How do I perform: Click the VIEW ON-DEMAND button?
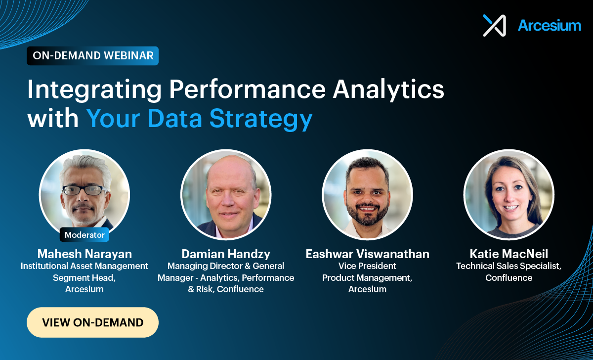click(93, 322)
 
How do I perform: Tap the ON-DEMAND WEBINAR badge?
click(93, 55)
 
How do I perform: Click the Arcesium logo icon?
click(495, 25)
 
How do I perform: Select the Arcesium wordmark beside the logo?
click(550, 25)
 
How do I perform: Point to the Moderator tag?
click(85, 235)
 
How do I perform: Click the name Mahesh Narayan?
click(85, 254)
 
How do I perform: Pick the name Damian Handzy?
click(226, 254)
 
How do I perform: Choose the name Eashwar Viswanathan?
click(368, 254)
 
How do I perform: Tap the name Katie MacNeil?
click(509, 254)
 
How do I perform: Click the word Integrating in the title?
click(94, 90)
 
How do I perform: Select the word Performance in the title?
click(248, 89)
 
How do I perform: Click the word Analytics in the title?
click(388, 90)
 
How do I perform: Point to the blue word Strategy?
click(261, 119)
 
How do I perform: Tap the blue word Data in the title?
click(175, 118)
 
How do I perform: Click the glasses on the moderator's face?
click(85, 190)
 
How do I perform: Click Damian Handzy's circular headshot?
click(226, 195)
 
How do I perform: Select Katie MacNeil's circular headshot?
click(509, 195)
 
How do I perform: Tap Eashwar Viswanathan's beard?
click(368, 215)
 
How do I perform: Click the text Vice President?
click(367, 266)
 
